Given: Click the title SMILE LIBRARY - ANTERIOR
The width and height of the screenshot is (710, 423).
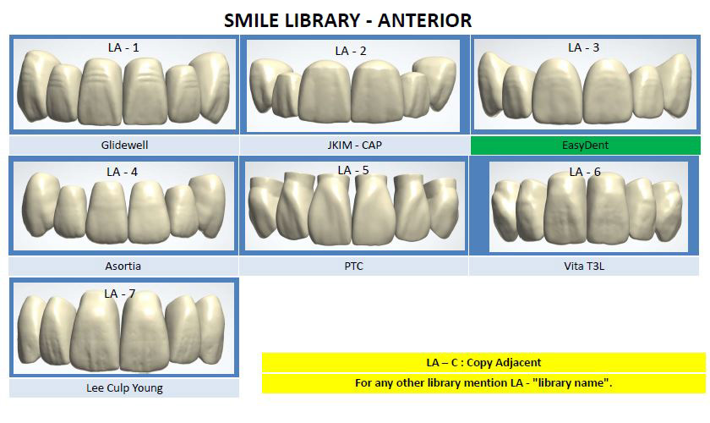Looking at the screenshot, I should [347, 19].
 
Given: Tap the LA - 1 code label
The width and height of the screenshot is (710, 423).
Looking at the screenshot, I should [123, 47].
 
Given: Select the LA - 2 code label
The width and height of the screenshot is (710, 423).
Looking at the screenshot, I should [351, 51].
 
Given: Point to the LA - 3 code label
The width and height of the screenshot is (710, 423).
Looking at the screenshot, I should [583, 47].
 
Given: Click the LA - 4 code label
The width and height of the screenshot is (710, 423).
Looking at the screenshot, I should [122, 171].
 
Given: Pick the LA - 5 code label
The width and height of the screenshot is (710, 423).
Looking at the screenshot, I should [353, 170].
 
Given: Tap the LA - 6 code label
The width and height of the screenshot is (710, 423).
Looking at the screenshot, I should [584, 172].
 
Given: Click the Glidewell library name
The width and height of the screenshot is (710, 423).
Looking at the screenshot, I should [124, 145].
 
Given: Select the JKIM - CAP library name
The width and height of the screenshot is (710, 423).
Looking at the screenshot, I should [354, 145].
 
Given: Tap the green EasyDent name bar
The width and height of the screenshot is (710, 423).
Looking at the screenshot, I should [585, 145].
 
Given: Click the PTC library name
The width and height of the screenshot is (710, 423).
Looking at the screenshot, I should [353, 266].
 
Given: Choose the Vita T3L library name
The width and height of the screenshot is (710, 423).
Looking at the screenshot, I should [585, 266].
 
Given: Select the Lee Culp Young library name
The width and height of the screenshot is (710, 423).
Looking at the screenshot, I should [124, 388].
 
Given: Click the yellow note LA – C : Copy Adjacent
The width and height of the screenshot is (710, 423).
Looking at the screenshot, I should [483, 362].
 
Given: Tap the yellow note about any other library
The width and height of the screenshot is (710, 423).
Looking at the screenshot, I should [483, 383].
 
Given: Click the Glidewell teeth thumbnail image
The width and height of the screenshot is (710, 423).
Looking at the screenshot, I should [123, 89].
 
